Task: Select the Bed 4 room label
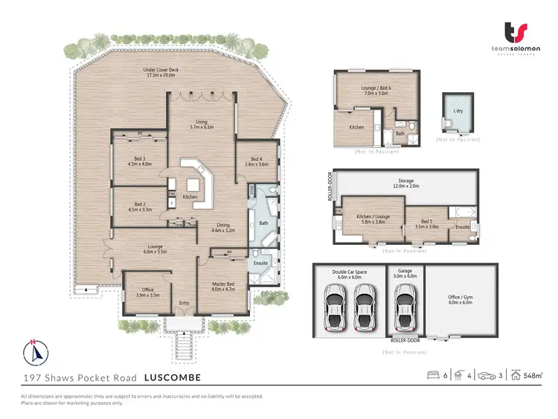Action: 256,161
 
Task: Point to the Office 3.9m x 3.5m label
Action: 147,292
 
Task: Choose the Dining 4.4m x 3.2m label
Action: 222,228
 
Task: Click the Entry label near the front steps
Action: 184,303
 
